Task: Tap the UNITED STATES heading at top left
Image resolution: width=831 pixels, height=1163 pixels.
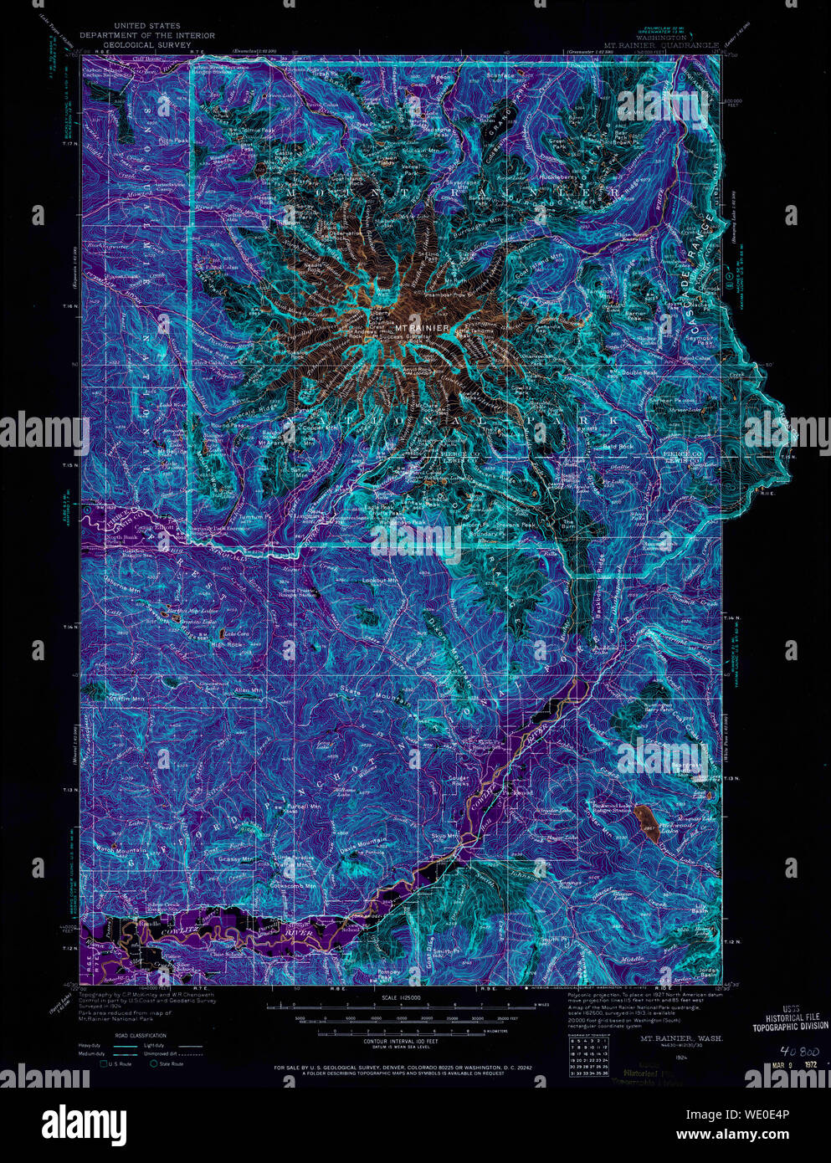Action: [146, 27]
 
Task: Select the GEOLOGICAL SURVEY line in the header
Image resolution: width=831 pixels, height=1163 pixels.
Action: [146, 44]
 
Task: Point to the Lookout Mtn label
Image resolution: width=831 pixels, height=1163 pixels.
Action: [379, 580]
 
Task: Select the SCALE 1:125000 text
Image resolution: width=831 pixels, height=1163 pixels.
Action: [401, 997]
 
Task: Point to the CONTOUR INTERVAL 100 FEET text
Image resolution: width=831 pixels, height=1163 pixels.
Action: [403, 1041]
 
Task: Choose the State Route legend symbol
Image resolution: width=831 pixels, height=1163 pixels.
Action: [156, 1064]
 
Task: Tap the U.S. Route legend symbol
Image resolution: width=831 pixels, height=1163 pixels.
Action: [105, 1064]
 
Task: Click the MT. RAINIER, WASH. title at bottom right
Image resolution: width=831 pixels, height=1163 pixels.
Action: [675, 1037]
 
